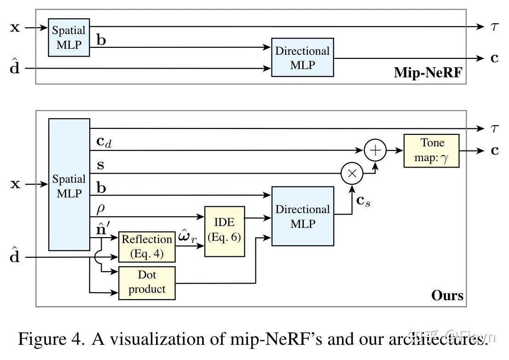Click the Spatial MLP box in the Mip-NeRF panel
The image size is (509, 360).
pyautogui.click(x=69, y=37)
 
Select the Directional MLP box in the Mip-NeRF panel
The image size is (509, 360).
pyautogui.click(x=302, y=58)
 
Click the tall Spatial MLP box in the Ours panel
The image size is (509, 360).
pyautogui.click(x=69, y=185)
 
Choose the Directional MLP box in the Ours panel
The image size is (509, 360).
pyautogui.click(x=302, y=216)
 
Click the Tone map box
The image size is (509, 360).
pyautogui.click(x=431, y=151)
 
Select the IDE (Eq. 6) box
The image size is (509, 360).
pyautogui.click(x=225, y=231)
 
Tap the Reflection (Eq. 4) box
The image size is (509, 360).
pyautogui.click(x=147, y=247)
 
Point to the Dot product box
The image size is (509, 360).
pyautogui.click(x=147, y=282)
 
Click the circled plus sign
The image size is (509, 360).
pyautogui.click(x=376, y=150)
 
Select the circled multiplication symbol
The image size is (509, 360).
pyautogui.click(x=352, y=174)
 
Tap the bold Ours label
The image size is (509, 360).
pyautogui.click(x=447, y=295)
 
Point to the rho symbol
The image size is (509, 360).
pyautogui.click(x=101, y=209)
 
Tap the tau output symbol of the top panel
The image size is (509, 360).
pyautogui.click(x=493, y=27)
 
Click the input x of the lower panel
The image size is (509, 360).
pyautogui.click(x=15, y=185)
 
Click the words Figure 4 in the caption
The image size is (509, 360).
pyautogui.click(x=51, y=339)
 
